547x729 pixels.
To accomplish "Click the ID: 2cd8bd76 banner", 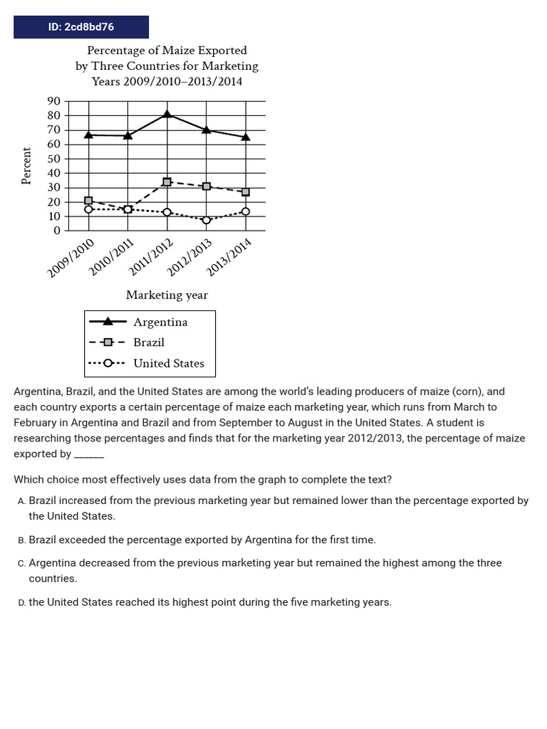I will pyautogui.click(x=81, y=27).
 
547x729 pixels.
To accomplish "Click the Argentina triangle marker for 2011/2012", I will pyautogui.click(x=167, y=114).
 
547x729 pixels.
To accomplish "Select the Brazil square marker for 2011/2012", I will pyautogui.click(x=167, y=182).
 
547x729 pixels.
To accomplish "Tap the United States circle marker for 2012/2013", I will pyautogui.click(x=207, y=220).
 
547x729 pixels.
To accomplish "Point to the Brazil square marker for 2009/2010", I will pyautogui.click(x=88, y=201).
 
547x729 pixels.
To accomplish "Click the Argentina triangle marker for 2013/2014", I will pyautogui.click(x=246, y=137).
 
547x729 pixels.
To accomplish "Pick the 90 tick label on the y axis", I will pyautogui.click(x=53, y=102).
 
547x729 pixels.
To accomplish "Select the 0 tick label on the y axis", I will pyautogui.click(x=57, y=231).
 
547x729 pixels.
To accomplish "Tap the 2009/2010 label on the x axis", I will pyautogui.click(x=71, y=258).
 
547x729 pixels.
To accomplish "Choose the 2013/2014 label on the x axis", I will pyautogui.click(x=229, y=258).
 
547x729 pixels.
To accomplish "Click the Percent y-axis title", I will pyautogui.click(x=27, y=166).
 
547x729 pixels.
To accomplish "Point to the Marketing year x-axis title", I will pyautogui.click(x=167, y=295).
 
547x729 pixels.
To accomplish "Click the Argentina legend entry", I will pyautogui.click(x=160, y=322).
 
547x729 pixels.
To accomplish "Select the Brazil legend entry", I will pyautogui.click(x=149, y=342).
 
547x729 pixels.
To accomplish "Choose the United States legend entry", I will pyautogui.click(x=169, y=363).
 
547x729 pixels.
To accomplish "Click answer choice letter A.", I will pyautogui.click(x=21, y=501).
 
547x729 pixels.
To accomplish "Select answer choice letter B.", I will pyautogui.click(x=21, y=540).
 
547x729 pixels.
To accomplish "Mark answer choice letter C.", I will pyautogui.click(x=21, y=563).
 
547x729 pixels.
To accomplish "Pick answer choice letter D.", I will pyautogui.click(x=21, y=602).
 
